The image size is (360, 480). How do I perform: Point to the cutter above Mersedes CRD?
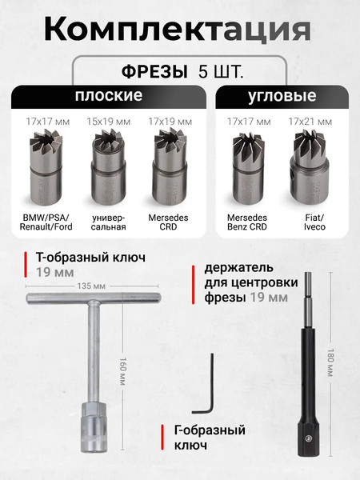[170, 163]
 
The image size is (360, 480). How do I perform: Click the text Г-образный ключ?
[209, 438]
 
